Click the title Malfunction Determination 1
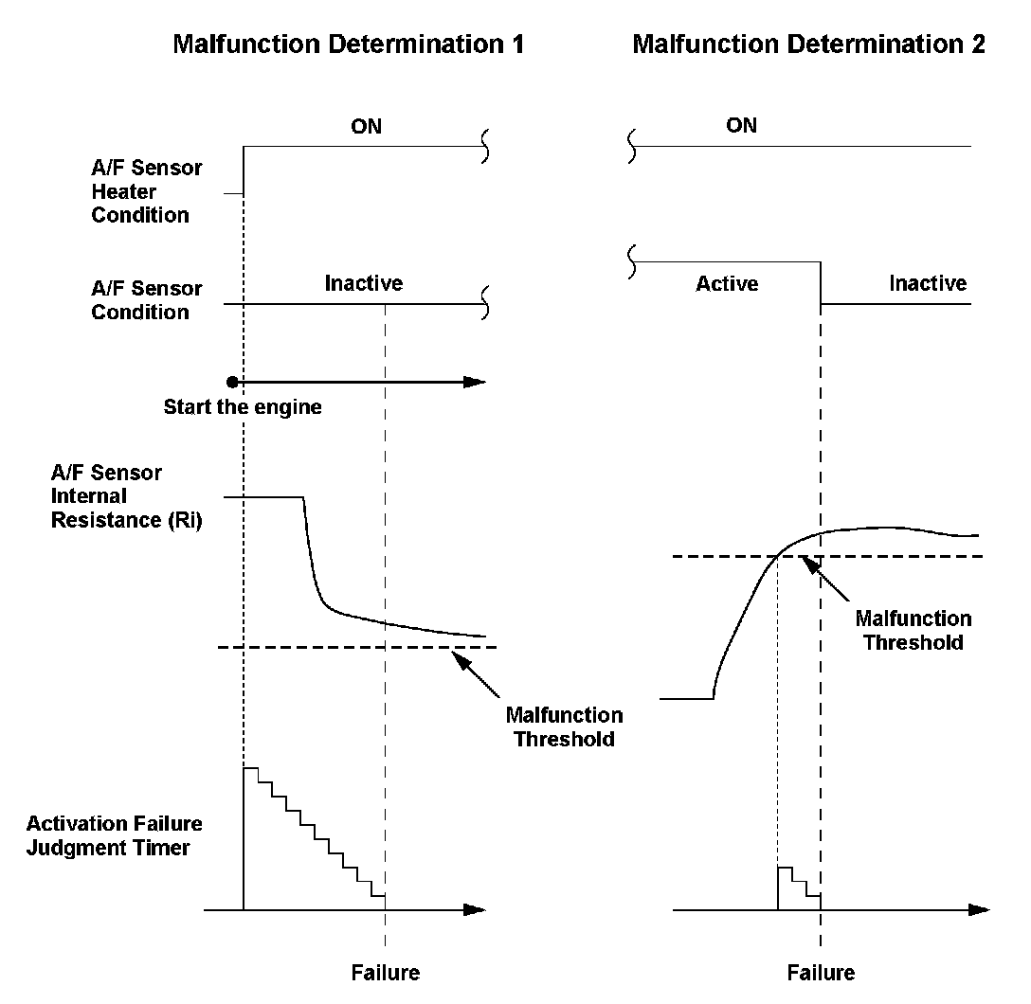point(348,45)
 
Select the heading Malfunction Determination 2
point(808,45)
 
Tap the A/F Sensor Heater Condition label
point(146,191)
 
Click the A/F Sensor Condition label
point(146,300)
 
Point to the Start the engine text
point(243,408)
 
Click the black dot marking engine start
point(232,382)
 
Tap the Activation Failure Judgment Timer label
point(114,835)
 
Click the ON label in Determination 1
point(366,126)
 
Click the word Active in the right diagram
point(727,284)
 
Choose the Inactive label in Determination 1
point(364,283)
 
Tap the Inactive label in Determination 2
point(928,283)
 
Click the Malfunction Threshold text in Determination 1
point(564,726)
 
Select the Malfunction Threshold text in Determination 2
point(913,630)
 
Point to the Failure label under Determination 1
point(385,973)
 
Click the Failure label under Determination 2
point(821,973)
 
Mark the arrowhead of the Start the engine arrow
point(476,382)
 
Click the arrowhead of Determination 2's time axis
point(980,910)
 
